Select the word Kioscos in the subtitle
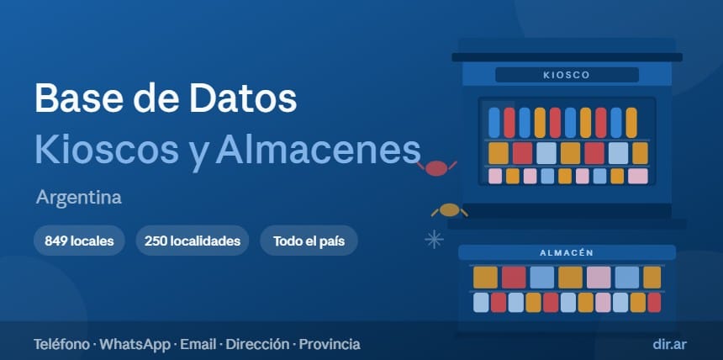click(x=107, y=149)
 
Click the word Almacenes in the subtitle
click(x=318, y=149)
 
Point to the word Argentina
click(x=79, y=198)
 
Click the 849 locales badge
click(x=79, y=241)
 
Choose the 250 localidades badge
click(x=193, y=241)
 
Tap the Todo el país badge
click(x=309, y=241)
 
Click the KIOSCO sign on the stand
click(x=567, y=75)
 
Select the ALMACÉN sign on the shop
click(x=567, y=253)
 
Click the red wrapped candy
click(x=436, y=168)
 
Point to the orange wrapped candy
click(x=450, y=210)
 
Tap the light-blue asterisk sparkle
click(x=434, y=239)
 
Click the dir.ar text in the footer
click(x=669, y=344)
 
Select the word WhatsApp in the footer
click(x=135, y=344)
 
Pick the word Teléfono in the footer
click(x=61, y=344)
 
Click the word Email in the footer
click(x=198, y=344)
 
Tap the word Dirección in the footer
click(x=258, y=344)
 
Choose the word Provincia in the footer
click(x=330, y=344)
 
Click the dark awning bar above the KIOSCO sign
click(x=567, y=57)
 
